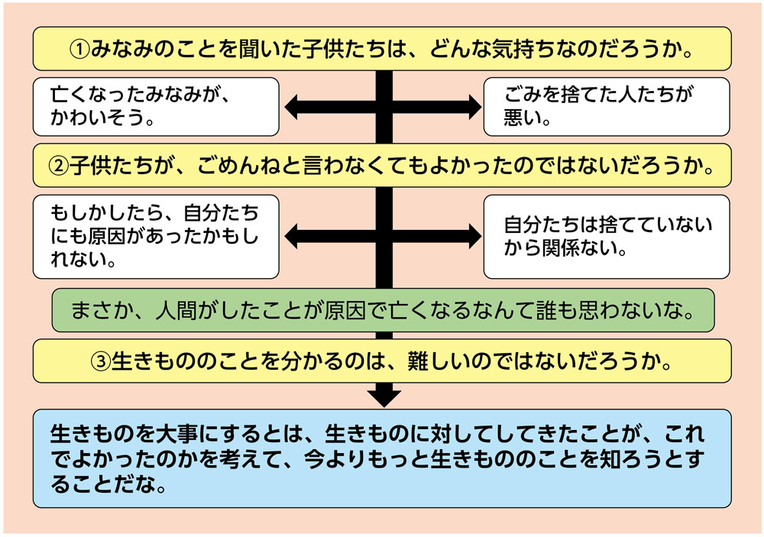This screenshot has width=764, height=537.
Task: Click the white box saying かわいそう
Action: coord(156,106)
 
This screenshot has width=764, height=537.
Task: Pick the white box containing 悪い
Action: coord(607,106)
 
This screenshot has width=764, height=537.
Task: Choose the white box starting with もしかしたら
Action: coord(156,236)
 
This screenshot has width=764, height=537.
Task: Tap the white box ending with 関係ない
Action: coord(607,236)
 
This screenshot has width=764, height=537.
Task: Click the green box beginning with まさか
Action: coord(382,310)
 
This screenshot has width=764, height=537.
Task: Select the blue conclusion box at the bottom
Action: coord(382,458)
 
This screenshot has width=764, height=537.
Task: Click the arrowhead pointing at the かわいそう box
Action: coord(292,107)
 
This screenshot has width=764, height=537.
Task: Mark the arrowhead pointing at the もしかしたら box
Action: coord(292,236)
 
